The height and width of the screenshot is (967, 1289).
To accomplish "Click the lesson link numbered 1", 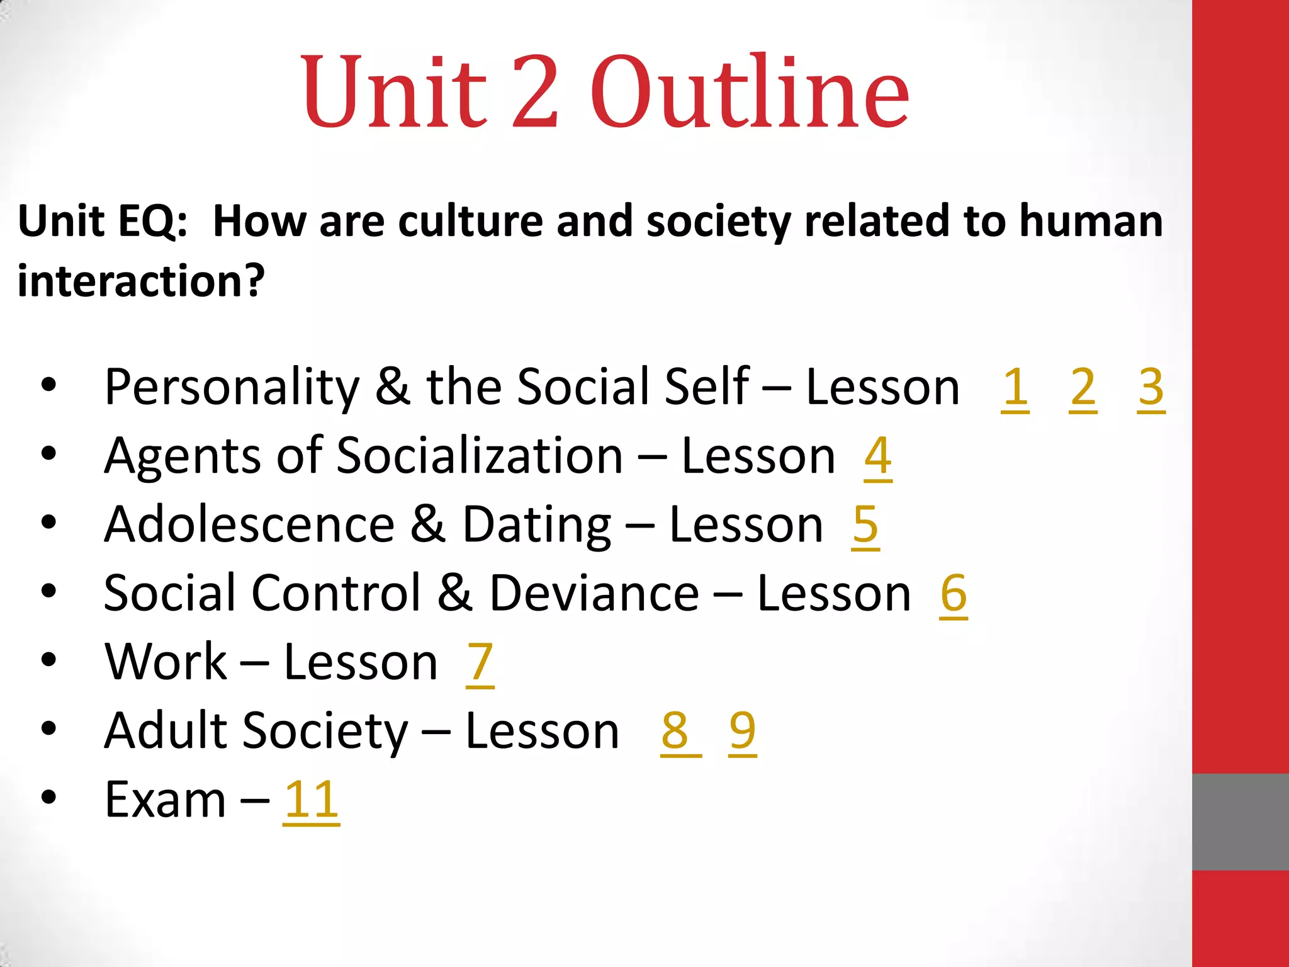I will [1015, 388].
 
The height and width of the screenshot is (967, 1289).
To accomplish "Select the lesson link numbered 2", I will [1083, 388].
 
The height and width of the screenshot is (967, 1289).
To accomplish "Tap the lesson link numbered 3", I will [1151, 388].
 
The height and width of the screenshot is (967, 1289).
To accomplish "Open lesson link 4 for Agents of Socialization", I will [878, 456].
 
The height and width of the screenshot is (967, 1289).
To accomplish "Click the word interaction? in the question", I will [141, 281].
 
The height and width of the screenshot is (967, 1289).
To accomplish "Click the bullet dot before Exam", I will [48, 798].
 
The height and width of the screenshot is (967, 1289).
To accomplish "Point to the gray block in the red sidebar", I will [1240, 822].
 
